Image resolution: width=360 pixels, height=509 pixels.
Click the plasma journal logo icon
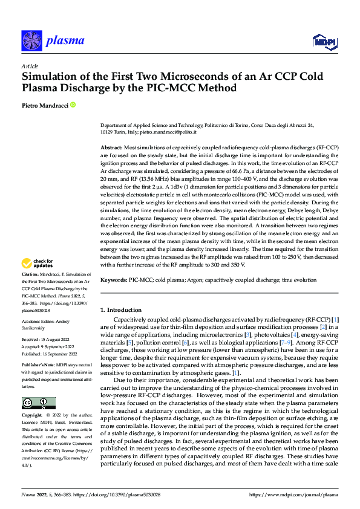(x=31, y=41)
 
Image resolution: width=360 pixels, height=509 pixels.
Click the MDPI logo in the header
(x=323, y=41)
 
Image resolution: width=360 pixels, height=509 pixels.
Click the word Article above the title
(x=30, y=66)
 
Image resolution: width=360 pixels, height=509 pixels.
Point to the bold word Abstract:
(x=111, y=147)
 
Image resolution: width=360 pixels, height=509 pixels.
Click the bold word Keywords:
(x=114, y=280)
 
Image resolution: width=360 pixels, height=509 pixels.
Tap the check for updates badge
(x=39, y=264)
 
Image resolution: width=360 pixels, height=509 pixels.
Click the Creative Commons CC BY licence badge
(x=39, y=387)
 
